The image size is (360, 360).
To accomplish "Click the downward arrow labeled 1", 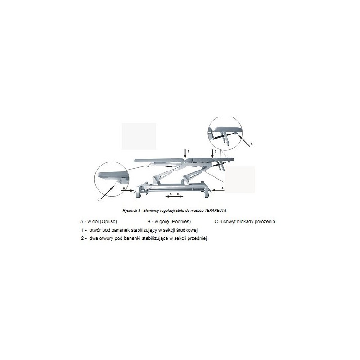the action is click(185, 153).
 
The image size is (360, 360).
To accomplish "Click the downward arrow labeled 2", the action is click(212, 153).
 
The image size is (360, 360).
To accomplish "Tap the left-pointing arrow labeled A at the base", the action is click(218, 190).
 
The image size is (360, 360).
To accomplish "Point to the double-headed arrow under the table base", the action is click(175, 196).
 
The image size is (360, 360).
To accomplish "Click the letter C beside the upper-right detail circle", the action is click(252, 144).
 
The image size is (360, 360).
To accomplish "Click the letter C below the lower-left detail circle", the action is click(99, 200).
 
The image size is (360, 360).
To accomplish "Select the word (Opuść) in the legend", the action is click(108, 221).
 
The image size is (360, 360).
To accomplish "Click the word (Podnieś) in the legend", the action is click(181, 221).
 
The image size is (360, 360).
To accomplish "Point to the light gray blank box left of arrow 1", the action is click(139, 136).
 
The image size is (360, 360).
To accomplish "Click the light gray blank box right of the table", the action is click(240, 180).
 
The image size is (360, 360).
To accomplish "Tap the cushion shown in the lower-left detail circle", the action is click(113, 175).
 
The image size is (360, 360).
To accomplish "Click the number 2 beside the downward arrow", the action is click(216, 151).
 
